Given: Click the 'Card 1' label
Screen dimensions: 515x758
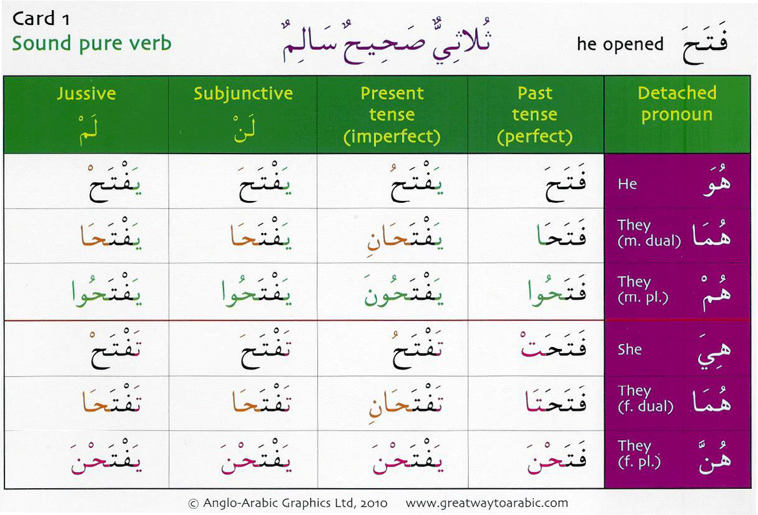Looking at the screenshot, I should (x=41, y=19).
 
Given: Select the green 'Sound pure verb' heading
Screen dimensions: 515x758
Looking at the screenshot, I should (x=91, y=44).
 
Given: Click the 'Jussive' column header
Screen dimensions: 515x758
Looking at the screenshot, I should (x=86, y=94).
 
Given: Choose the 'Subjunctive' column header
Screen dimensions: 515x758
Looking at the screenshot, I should (x=243, y=94).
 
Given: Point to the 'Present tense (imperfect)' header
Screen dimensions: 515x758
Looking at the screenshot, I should (x=391, y=115).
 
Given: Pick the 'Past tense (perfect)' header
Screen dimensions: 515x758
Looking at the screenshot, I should (x=535, y=115).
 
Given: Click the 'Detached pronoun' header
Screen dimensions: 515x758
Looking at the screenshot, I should (x=677, y=104).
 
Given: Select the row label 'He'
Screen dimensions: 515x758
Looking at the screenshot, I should (x=628, y=184).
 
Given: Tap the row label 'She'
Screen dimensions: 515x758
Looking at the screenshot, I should (x=629, y=349).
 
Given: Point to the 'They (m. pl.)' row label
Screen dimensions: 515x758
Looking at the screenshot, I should (x=642, y=290).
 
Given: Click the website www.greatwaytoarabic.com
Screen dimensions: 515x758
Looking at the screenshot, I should (x=487, y=503).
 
